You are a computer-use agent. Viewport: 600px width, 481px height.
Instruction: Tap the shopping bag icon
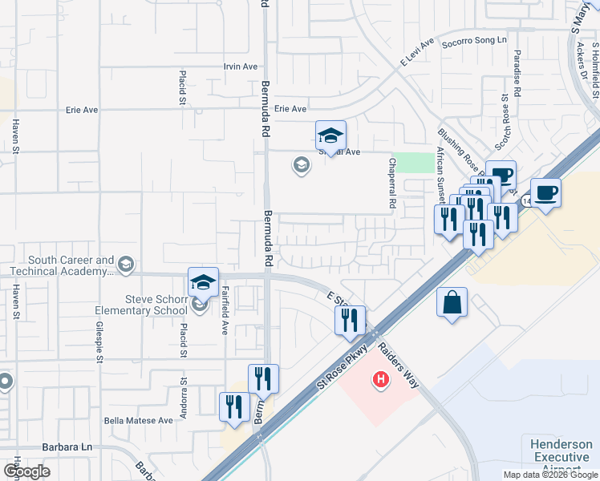452,303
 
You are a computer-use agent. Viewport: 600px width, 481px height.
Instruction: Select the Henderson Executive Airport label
561,457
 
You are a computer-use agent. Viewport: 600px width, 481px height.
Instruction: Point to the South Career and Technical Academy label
71,265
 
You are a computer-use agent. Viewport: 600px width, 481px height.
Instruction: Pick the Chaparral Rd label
392,183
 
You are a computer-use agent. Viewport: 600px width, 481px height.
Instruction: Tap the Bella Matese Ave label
138,419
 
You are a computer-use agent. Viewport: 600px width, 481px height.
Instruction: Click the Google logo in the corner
26,471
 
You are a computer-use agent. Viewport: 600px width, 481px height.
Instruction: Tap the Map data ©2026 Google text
549,475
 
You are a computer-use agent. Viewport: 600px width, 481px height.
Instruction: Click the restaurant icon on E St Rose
350,319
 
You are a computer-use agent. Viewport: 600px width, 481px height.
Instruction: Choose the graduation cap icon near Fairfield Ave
203,281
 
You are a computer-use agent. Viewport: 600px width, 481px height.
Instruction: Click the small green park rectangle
411,162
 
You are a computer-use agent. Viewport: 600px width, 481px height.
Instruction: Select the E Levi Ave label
416,51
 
